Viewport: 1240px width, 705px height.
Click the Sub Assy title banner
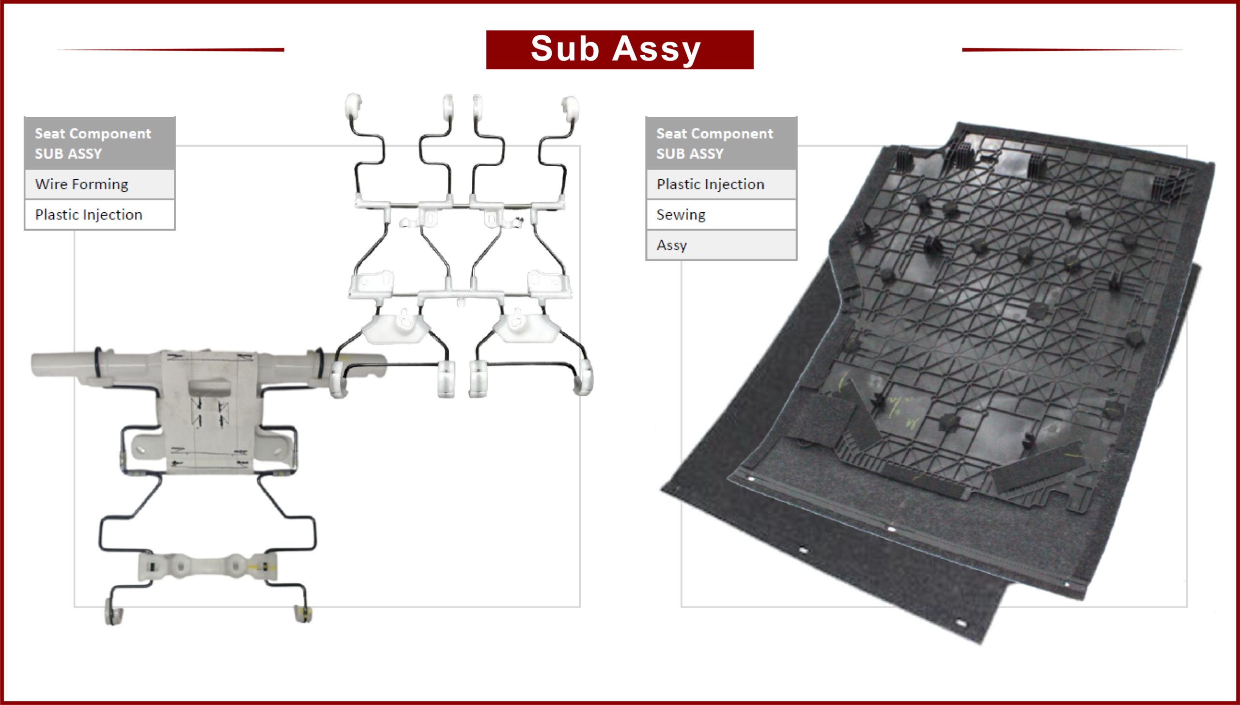coord(620,49)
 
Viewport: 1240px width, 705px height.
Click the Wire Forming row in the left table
coord(99,184)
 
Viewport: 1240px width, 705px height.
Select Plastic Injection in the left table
coord(99,215)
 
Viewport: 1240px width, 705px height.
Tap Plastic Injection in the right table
coord(721,184)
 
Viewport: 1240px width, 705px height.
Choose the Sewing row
coord(721,215)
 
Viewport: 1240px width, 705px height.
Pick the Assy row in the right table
coord(721,245)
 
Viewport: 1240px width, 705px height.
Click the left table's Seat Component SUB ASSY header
coord(99,143)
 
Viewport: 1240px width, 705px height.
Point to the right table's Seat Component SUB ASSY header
coord(721,143)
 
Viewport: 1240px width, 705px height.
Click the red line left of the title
coord(170,49)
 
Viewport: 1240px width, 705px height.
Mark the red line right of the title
coord(1072,49)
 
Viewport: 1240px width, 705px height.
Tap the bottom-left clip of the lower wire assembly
coord(113,611)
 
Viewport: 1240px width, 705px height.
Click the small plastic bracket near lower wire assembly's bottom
coord(208,565)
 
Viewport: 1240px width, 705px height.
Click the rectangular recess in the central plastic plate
coord(209,388)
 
